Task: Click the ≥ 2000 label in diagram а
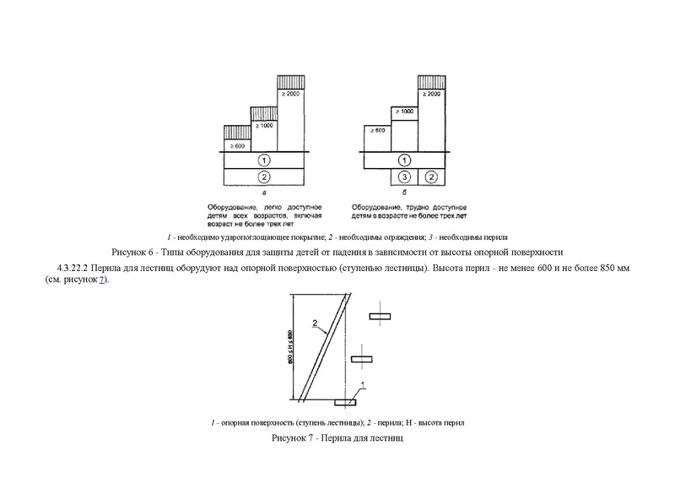(291, 93)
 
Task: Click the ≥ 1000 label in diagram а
(264, 124)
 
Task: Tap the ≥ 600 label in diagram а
(236, 146)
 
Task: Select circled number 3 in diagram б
(404, 177)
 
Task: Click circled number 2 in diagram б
(431, 177)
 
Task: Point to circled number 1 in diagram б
(404, 160)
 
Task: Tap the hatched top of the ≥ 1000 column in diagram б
(403, 101)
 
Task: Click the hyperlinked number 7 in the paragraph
(101, 280)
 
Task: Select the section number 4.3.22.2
(75, 269)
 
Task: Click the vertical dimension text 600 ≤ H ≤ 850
(289, 346)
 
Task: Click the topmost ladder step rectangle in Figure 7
(380, 316)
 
